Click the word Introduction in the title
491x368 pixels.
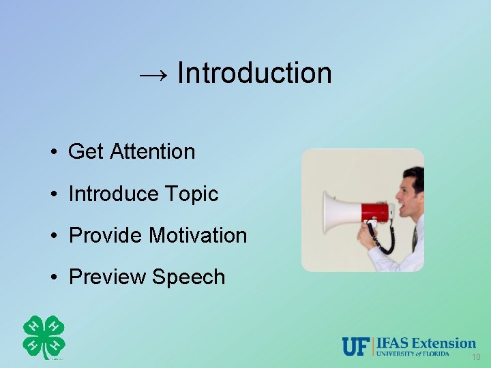click(x=254, y=73)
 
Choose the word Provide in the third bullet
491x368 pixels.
click(x=106, y=236)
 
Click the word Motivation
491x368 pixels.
click(x=198, y=236)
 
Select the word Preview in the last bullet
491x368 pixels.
click(x=108, y=277)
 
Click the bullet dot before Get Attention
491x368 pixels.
click(x=53, y=152)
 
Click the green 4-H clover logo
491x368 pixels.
click(x=44, y=337)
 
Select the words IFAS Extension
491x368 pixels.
click(x=426, y=343)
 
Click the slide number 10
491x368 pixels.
click(x=475, y=358)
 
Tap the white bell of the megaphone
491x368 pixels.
click(x=338, y=212)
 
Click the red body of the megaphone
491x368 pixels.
click(x=374, y=212)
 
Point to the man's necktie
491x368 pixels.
click(x=414, y=239)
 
